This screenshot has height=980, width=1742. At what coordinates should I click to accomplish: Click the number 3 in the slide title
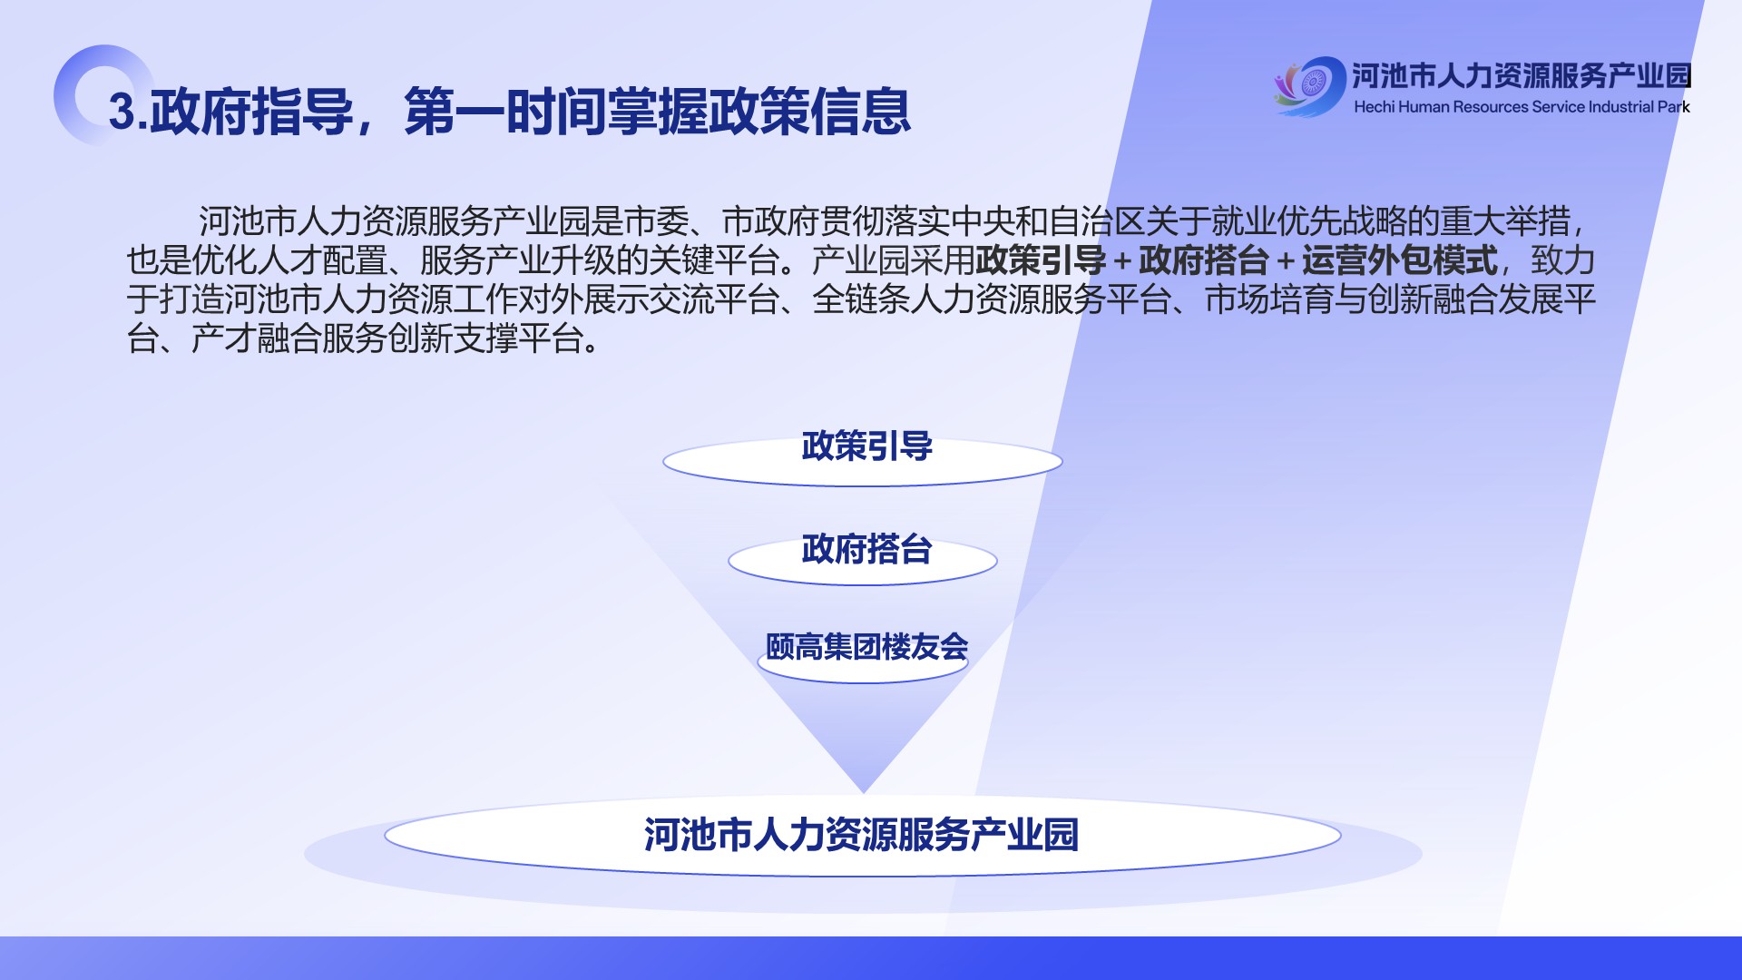pos(122,112)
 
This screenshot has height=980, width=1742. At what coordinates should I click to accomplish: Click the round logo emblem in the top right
pos(1312,86)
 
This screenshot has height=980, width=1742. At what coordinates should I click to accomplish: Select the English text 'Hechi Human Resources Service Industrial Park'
pos(1522,107)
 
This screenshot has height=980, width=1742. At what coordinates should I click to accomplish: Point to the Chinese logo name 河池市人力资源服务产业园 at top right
pos(1522,75)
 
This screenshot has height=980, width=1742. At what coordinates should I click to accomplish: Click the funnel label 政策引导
pos(866,446)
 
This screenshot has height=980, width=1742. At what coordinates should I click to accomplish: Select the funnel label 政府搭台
pos(866,549)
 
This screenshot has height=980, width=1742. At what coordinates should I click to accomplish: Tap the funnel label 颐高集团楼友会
pos(866,647)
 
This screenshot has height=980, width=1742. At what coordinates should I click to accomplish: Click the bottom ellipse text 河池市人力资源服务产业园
pos(861,835)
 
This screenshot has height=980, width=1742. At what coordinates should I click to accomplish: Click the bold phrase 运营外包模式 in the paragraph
pos(1399,261)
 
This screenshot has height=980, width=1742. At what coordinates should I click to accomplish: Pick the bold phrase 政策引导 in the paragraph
pos(1041,261)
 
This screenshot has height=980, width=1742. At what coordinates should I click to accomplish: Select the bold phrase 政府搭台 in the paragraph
pos(1203,261)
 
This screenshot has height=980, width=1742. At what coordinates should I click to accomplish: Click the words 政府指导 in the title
pos(251,112)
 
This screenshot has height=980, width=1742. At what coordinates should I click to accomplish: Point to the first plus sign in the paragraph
pos(1122,262)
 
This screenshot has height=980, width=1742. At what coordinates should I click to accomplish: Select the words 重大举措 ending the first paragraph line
pos(1504,222)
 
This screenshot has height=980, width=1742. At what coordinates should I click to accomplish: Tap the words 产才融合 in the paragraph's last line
pos(256,339)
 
